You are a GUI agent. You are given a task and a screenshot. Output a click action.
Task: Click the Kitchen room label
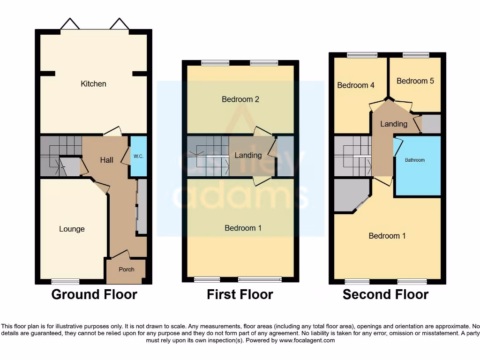[94, 84]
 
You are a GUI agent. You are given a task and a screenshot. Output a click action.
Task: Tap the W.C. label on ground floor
[138, 157]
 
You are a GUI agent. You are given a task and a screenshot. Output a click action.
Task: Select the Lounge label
[72, 229]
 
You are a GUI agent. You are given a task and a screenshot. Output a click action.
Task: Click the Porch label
[127, 270]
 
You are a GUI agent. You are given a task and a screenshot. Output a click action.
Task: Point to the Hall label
[106, 160]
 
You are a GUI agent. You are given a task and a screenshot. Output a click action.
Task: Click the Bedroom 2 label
[240, 99]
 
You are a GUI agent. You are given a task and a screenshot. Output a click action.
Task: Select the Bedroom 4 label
[356, 85]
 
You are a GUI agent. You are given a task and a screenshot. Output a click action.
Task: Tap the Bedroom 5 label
[415, 81]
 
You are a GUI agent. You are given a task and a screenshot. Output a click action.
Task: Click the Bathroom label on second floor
[415, 160]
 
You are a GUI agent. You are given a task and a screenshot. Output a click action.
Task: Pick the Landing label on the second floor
[393, 124]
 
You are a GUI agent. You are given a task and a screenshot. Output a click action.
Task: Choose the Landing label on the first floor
[248, 155]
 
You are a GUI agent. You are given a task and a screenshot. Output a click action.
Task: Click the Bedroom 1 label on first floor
[243, 228]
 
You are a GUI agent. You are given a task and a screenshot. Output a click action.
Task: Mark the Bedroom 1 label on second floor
[387, 236]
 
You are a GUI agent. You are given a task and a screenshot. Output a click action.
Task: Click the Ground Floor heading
[94, 294]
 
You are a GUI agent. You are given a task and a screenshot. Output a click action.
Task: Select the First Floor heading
[240, 294]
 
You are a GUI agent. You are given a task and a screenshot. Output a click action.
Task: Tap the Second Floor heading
[385, 294]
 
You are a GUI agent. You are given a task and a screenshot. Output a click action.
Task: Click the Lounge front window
[65, 281]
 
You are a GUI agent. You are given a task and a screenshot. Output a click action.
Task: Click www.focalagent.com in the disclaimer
[307, 341]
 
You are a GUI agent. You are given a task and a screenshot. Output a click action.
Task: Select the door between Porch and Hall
[120, 255]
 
